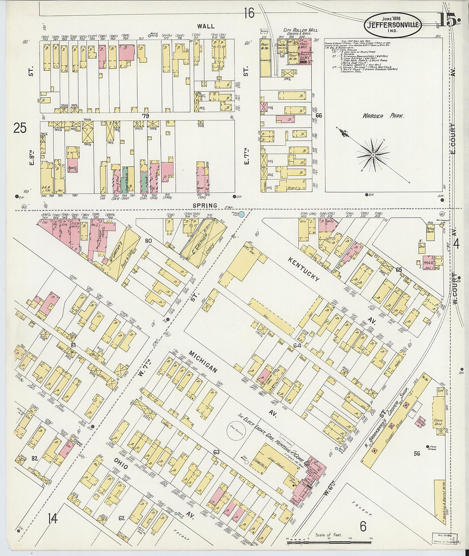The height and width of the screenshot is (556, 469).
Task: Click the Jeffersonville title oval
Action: (393, 25)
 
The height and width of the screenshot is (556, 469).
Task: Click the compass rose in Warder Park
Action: (373, 156)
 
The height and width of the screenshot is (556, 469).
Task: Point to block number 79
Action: (146, 115)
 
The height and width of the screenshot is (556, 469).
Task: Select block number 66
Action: (318, 115)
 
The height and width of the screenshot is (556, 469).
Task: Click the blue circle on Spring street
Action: (242, 214)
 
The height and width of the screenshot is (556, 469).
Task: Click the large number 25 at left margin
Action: (20, 127)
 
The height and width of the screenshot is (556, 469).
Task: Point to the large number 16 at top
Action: (249, 13)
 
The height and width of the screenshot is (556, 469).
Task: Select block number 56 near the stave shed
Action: (417, 453)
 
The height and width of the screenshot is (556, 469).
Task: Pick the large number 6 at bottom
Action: (363, 527)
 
